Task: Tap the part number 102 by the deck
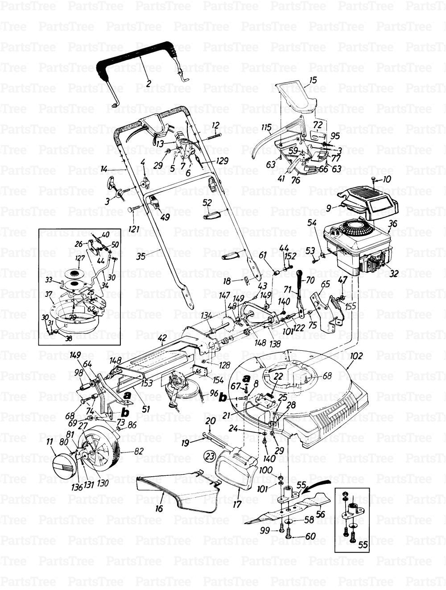coord(357,356)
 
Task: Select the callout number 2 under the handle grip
coord(148,82)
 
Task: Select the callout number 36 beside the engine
coord(392,225)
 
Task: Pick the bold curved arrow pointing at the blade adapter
coord(316,485)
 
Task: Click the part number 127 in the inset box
coord(80,258)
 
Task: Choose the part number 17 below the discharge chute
coord(237,504)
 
